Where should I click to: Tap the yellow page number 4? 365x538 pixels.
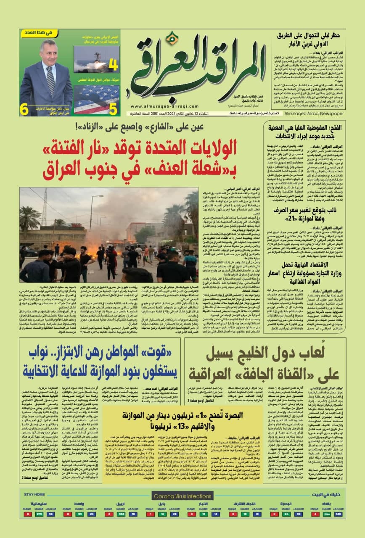(113, 65)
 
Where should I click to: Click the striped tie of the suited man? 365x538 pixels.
(51, 80)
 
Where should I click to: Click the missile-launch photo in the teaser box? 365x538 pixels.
(90, 60)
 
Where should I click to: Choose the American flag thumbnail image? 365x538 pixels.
(90, 100)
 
